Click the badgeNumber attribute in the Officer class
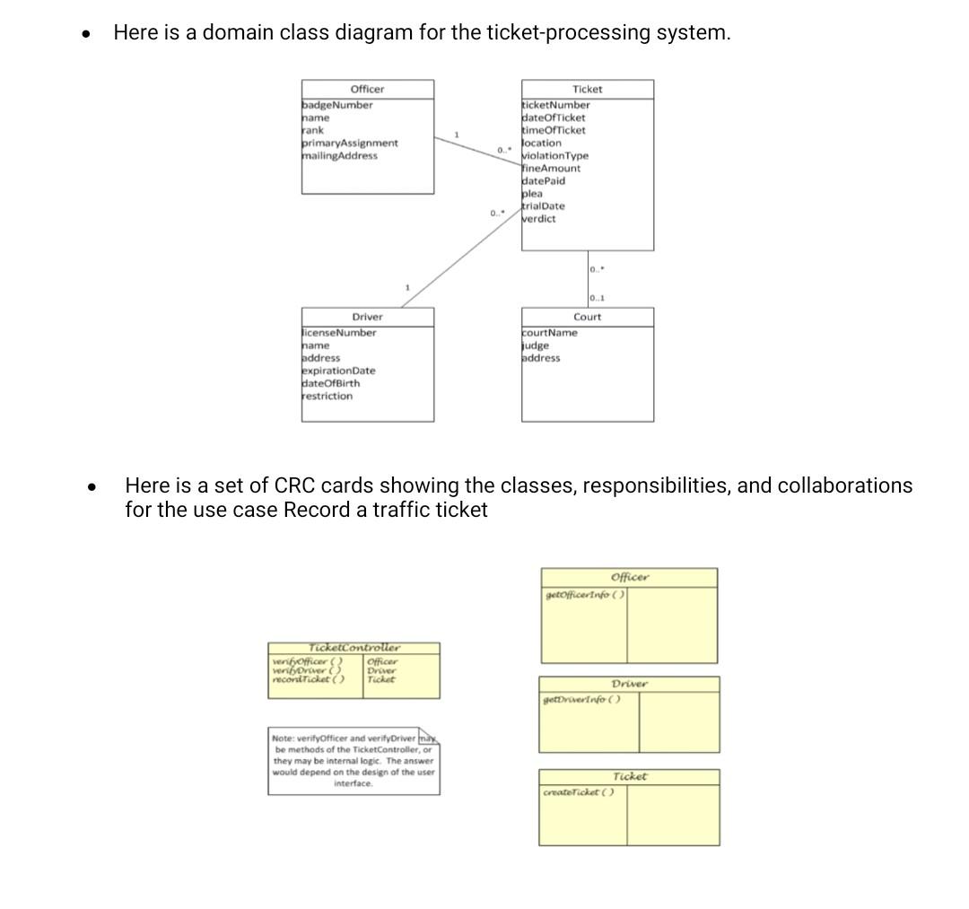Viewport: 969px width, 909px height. click(x=337, y=105)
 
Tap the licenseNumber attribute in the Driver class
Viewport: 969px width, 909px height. click(x=339, y=333)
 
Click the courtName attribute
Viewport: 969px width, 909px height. click(x=550, y=333)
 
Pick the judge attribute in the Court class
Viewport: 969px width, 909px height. click(x=536, y=345)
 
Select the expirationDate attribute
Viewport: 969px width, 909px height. click(x=339, y=371)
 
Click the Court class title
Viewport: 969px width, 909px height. click(x=588, y=317)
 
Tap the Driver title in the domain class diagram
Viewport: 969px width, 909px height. click(x=367, y=317)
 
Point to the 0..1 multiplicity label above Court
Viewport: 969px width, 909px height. click(x=597, y=298)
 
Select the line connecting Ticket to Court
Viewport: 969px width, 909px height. click(x=588, y=278)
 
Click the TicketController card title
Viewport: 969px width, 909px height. click(x=354, y=647)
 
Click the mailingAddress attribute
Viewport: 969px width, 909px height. click(x=340, y=155)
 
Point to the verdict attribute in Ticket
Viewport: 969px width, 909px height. click(x=539, y=218)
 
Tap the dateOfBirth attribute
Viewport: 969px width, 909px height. click(x=331, y=383)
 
